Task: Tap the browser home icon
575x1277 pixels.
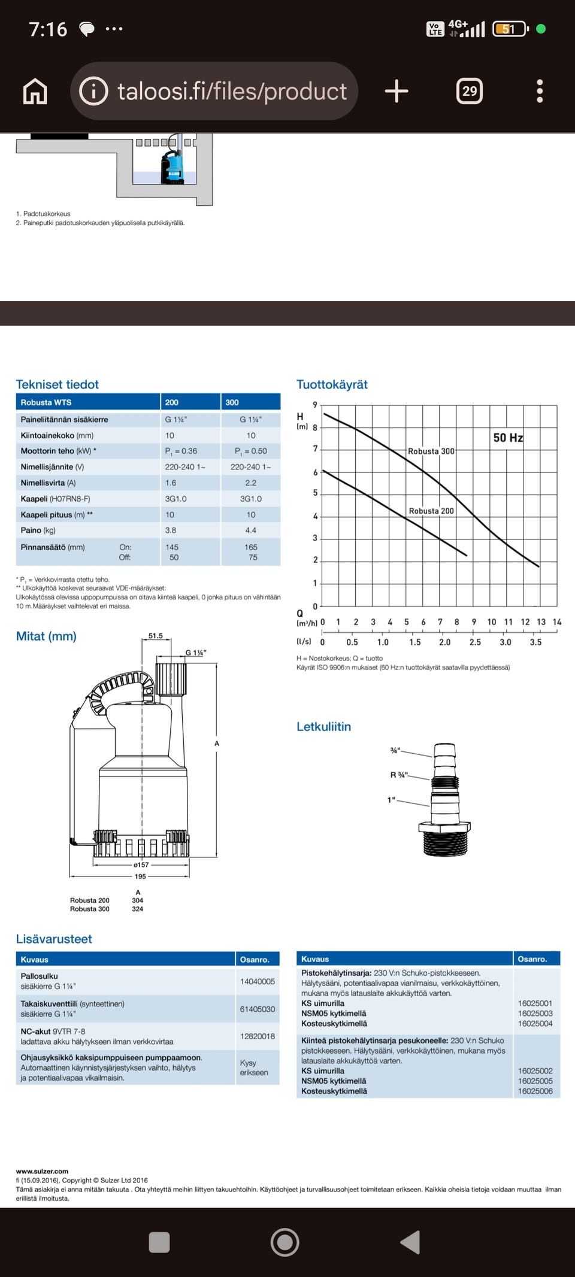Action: coord(35,92)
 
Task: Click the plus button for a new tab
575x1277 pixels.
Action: coord(397,91)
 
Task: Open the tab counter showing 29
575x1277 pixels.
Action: coord(470,91)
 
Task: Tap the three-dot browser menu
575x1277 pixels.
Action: coord(540,91)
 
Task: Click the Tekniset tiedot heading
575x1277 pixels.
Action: coord(57,384)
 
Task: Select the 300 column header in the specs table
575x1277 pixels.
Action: coord(232,402)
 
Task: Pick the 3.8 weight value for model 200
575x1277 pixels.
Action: coord(171,530)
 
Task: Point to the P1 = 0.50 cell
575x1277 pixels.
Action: coord(251,451)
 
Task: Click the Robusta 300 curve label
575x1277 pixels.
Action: coord(431,451)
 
